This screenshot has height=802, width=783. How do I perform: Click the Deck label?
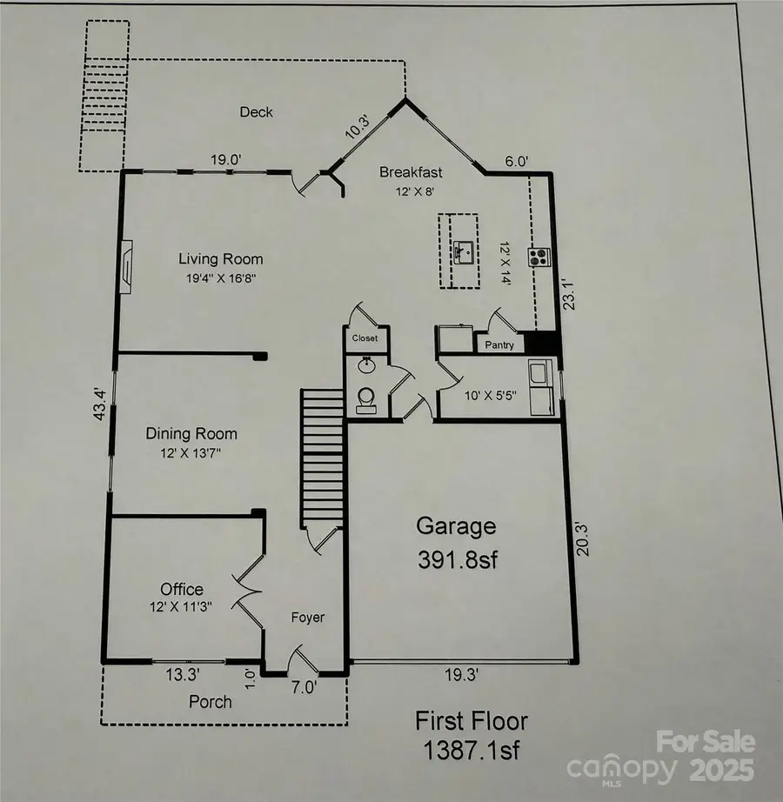point(257,112)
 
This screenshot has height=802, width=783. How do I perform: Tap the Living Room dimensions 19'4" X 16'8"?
point(221,278)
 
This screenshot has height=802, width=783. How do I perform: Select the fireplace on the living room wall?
point(126,266)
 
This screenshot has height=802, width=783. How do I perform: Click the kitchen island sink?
point(465,252)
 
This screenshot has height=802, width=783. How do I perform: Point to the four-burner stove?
point(539,257)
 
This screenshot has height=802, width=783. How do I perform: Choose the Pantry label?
point(499,345)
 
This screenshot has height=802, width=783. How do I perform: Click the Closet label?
point(365,338)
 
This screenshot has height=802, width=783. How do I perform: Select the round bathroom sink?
point(365,365)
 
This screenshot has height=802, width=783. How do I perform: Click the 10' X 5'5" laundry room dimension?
point(490,396)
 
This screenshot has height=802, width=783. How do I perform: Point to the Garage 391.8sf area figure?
point(458,560)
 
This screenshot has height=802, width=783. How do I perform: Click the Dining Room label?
point(191,434)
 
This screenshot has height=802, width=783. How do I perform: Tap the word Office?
point(182,589)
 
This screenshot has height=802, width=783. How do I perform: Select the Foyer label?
point(308,618)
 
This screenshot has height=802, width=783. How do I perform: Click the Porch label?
point(211,702)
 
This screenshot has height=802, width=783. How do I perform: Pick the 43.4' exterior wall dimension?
point(100,404)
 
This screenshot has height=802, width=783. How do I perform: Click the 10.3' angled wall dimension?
point(358,127)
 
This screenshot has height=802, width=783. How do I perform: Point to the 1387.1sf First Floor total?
point(471,751)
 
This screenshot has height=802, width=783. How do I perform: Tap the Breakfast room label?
point(411,172)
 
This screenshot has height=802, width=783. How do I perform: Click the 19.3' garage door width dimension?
point(461,675)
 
